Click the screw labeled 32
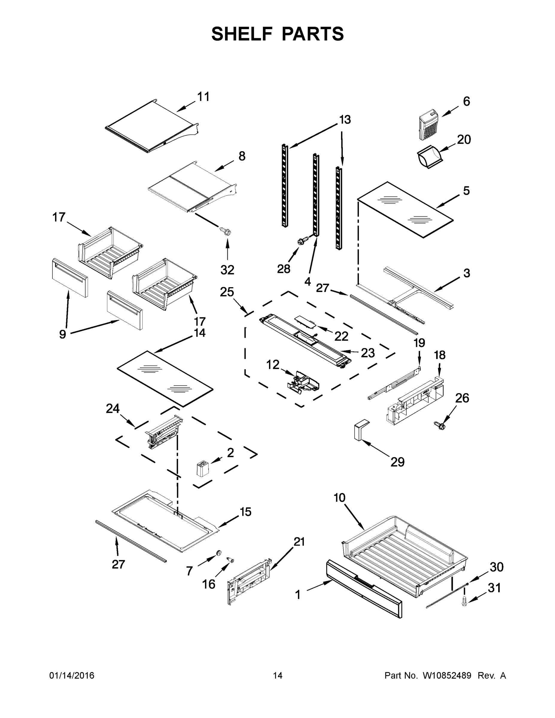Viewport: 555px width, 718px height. pos(226,231)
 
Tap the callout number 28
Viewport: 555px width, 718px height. pos(283,269)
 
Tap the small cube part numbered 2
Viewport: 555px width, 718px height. pos(202,468)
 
